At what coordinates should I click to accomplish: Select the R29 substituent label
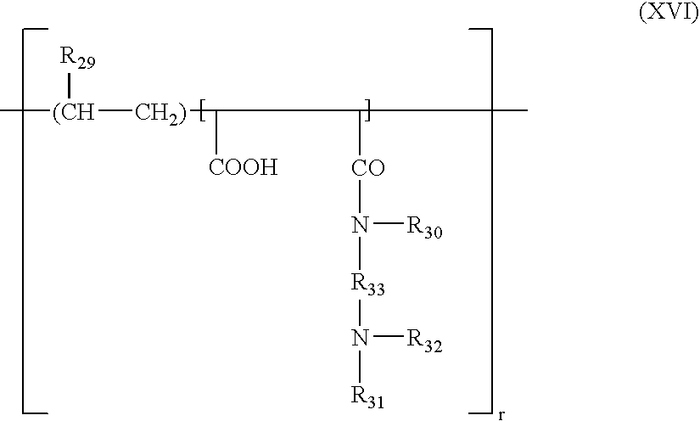[x=77, y=58]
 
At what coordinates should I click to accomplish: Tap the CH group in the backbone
[x=74, y=111]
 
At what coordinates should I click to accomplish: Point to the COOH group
[x=244, y=167]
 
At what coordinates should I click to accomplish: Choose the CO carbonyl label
[x=368, y=168]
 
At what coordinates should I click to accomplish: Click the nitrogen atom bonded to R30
[x=360, y=225]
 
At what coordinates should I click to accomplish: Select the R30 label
[x=424, y=227]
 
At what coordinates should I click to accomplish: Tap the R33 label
[x=367, y=284]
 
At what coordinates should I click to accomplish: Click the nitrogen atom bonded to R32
[x=360, y=338]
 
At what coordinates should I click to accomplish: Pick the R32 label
[x=424, y=341]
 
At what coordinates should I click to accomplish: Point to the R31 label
[x=367, y=397]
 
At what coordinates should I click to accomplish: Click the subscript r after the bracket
[x=501, y=415]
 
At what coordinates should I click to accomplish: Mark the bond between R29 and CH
[x=70, y=86]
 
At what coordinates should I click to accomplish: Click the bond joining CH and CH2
[x=115, y=109]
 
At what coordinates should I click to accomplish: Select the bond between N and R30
[x=388, y=222]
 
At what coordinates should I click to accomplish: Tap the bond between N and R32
[x=388, y=336]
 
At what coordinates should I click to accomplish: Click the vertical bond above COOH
[x=216, y=132]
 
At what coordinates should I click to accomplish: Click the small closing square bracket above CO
[x=367, y=110]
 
